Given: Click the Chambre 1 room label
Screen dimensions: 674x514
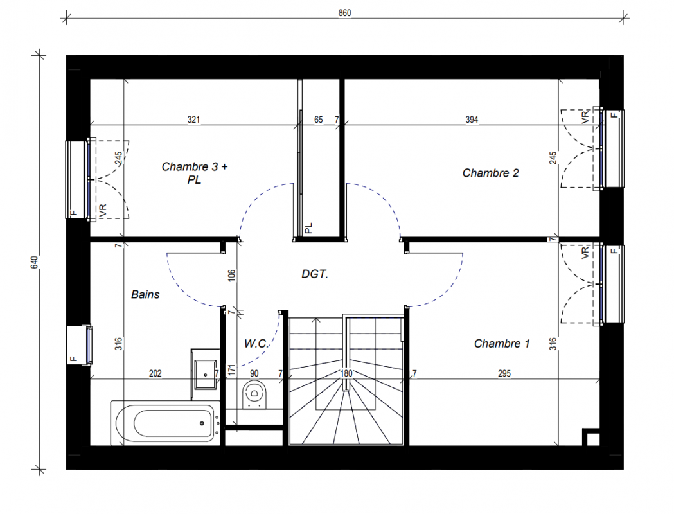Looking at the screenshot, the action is coord(502,343).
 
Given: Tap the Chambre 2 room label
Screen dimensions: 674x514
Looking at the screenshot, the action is coord(490,173).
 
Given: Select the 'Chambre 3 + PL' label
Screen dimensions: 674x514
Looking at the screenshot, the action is coord(194,173).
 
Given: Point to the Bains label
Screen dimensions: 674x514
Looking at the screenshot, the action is coord(145,294).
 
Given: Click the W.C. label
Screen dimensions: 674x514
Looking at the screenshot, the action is coord(256,343).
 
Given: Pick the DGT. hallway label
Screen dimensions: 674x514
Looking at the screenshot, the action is coord(315,274).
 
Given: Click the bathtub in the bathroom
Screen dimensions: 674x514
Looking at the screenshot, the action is coord(166,423).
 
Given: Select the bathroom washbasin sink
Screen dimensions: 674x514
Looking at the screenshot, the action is coord(205,375).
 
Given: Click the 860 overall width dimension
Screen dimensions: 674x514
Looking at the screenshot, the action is coord(345,13).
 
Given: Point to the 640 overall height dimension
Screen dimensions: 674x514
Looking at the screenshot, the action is coord(35,263).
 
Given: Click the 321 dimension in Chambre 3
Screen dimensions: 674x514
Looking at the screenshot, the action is coord(193,120).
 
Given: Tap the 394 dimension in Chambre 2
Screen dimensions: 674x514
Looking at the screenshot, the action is coord(472,120).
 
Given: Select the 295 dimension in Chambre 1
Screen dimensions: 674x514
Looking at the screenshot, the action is coord(504,373).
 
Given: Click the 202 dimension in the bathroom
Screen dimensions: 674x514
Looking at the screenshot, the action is coord(155,373).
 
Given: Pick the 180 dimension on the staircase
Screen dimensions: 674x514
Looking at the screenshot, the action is coord(346,373).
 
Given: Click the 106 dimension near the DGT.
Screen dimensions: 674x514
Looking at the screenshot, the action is coord(231,276).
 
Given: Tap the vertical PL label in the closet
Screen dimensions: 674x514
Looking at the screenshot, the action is coord(308,228).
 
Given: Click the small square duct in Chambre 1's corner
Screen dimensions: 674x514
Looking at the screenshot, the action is coord(591,437).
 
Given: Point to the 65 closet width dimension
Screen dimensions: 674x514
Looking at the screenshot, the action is coord(318,120).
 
